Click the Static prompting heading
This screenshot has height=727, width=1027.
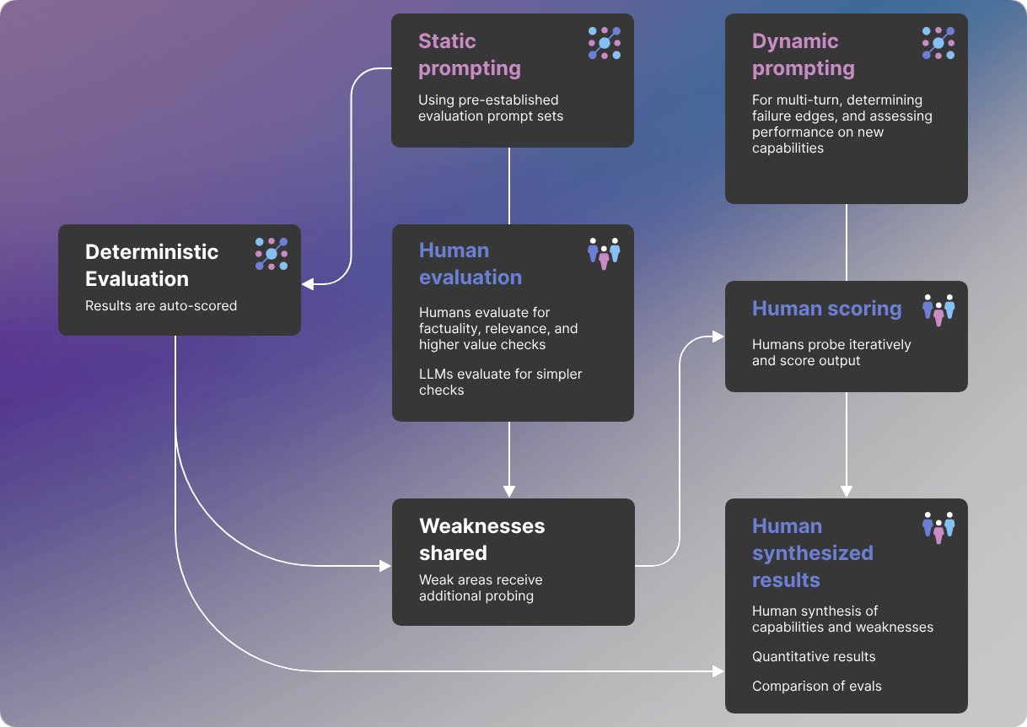click(x=470, y=55)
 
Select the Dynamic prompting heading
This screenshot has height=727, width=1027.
click(x=804, y=55)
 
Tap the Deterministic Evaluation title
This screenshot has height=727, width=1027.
click(x=152, y=265)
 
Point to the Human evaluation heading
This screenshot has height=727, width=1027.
click(x=470, y=264)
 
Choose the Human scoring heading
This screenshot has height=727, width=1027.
click(x=826, y=308)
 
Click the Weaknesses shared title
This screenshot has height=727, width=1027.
click(x=481, y=540)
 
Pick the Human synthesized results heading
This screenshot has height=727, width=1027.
click(x=813, y=552)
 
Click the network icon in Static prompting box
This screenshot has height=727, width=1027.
click(x=605, y=43)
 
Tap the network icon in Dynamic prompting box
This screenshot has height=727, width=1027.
click(x=938, y=43)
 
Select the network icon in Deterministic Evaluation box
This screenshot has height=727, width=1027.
click(x=272, y=254)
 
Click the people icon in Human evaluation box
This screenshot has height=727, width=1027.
click(x=604, y=254)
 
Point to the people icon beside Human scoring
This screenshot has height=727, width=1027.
click(x=938, y=310)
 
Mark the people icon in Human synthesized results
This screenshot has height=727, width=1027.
click(x=938, y=528)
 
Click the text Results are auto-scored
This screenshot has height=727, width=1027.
click(x=161, y=306)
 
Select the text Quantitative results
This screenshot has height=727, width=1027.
click(x=814, y=656)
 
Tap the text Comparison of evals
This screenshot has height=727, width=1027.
click(x=816, y=686)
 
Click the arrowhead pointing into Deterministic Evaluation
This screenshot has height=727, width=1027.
click(x=308, y=284)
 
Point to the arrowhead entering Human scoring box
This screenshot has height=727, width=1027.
click(x=718, y=337)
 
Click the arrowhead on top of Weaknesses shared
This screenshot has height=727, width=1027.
click(x=509, y=491)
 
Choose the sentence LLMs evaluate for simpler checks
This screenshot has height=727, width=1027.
click(x=500, y=381)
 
